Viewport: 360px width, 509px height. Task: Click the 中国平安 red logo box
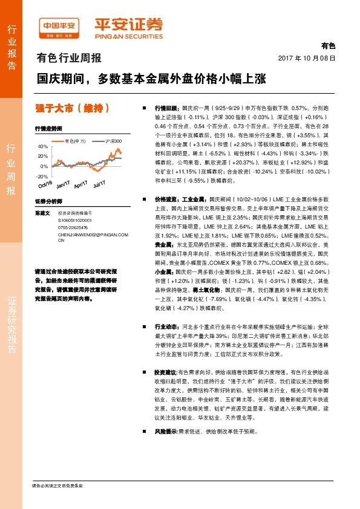pyautogui.click(x=59, y=26)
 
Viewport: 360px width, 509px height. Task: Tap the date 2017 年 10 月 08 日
pyautogui.click(x=306, y=58)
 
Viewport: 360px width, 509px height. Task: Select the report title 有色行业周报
pyautogui.click(x=69, y=59)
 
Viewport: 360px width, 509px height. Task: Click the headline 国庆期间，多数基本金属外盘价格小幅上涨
pyautogui.click(x=151, y=78)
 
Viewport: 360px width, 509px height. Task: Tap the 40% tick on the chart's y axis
pyautogui.click(x=43, y=147)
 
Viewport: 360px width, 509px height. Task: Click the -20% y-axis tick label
pyautogui.click(x=42, y=176)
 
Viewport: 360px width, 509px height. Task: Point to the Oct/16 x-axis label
pyautogui.click(x=46, y=183)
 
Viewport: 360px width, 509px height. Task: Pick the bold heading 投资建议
pyautogui.click(x=166, y=373)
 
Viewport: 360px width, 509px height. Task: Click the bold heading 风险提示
pyautogui.click(x=166, y=432)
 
